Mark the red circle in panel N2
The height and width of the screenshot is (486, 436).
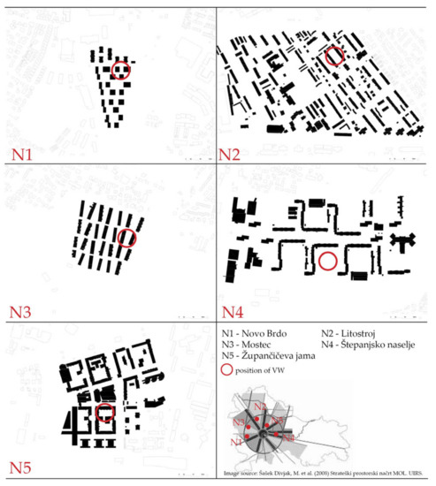click(333, 57)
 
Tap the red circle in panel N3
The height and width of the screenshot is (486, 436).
click(127, 237)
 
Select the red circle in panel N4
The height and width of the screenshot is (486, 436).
click(327, 261)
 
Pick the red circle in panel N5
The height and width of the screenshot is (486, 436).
click(104, 413)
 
